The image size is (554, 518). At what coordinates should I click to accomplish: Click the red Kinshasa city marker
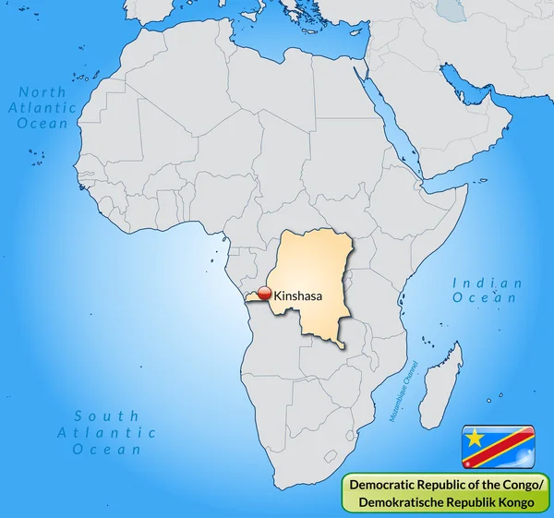coord(265,294)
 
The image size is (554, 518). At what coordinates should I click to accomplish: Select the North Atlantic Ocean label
coord(43,107)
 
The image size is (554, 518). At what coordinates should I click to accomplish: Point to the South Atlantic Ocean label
coord(107,432)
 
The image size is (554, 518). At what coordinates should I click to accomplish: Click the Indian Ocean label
coord(486,290)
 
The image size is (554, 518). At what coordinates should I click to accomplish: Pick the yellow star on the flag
coord(475,436)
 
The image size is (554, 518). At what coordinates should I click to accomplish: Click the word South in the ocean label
coord(106,416)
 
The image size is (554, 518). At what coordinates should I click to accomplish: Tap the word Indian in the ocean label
coord(487,282)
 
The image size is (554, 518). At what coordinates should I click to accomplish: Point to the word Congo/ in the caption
coord(526,484)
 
